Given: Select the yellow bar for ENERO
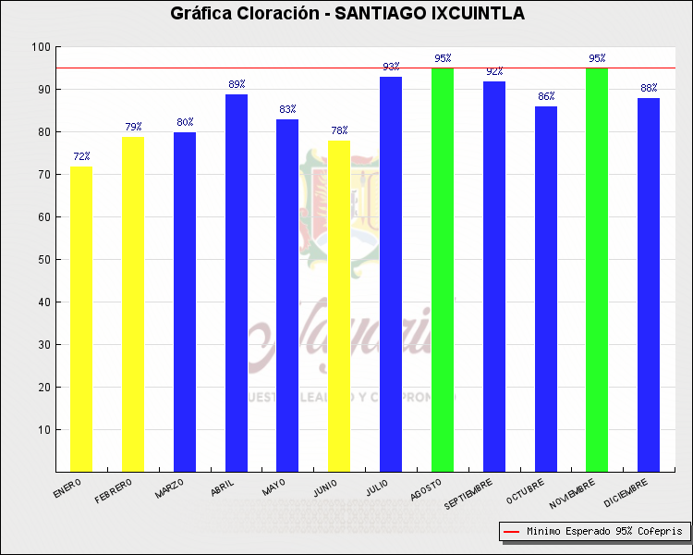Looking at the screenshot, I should pyautogui.click(x=81, y=319).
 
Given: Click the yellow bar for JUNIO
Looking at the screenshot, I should pyautogui.click(x=339, y=306).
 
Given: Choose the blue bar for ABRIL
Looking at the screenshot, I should pyautogui.click(x=237, y=283).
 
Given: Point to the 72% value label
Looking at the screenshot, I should pyautogui.click(x=81, y=157).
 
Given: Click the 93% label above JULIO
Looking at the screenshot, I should pyautogui.click(x=391, y=67).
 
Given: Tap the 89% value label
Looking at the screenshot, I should pyautogui.click(x=237, y=84).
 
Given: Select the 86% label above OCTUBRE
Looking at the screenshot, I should pyautogui.click(x=546, y=96).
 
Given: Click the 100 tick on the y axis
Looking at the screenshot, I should pyautogui.click(x=41, y=47).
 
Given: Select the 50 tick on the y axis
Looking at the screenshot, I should pyautogui.click(x=43, y=260).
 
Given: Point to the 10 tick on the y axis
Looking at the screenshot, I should pyautogui.click(x=43, y=430).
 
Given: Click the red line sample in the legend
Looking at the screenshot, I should pyautogui.click(x=512, y=532).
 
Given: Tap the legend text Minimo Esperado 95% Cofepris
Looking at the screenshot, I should pyautogui.click(x=604, y=532).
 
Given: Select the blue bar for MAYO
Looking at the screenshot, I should pyautogui.click(x=287, y=296).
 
